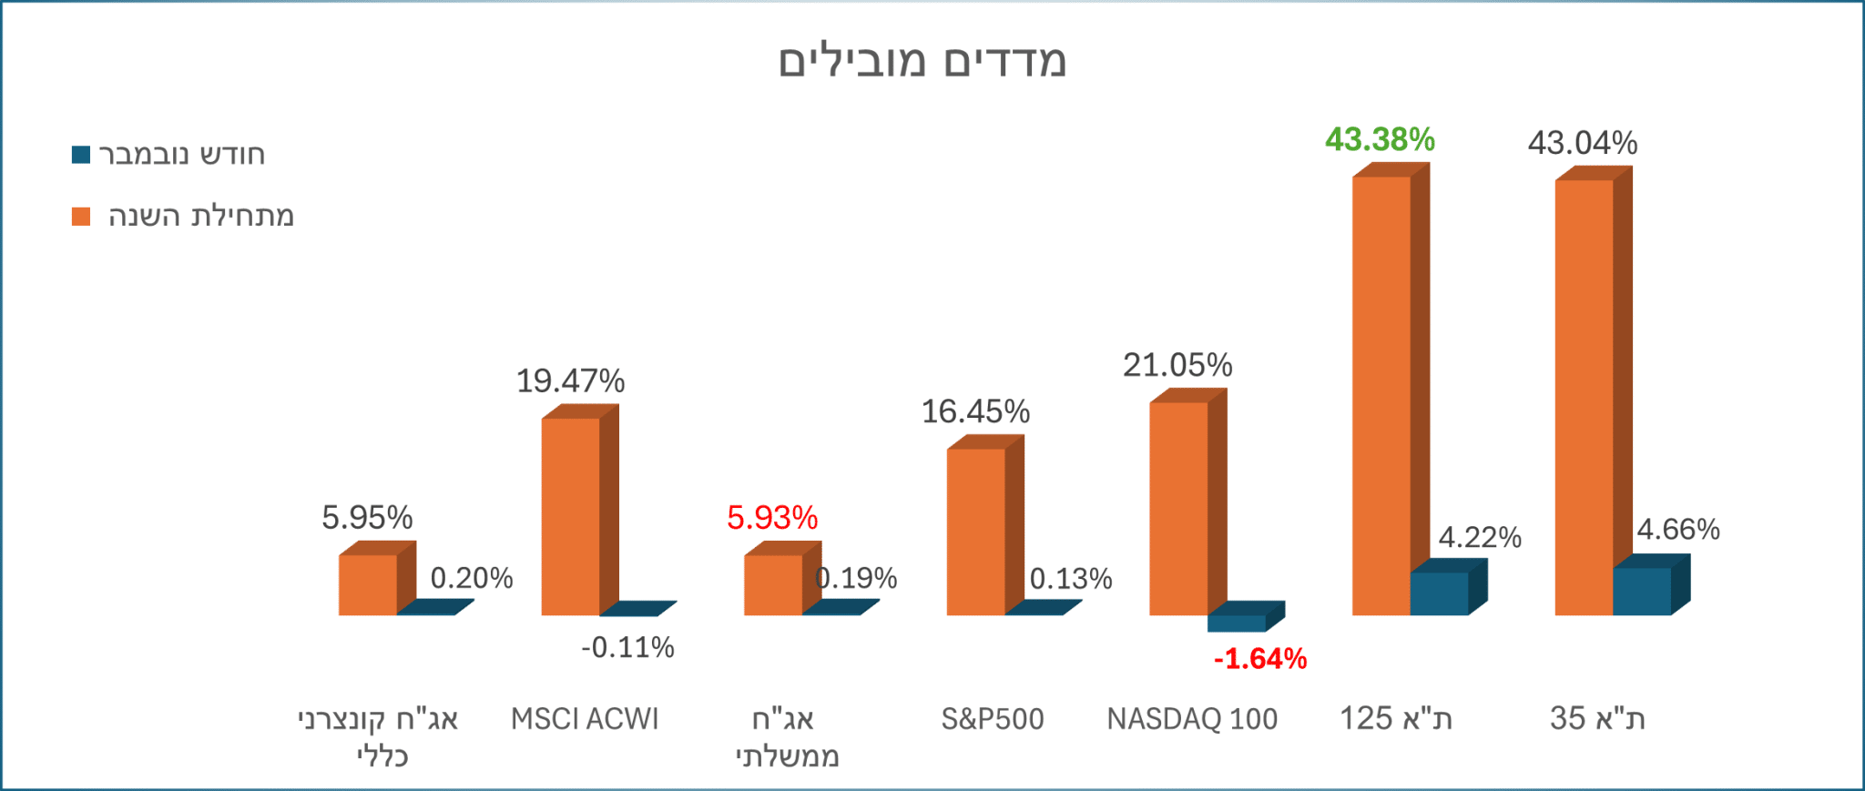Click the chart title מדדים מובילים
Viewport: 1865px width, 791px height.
pos(922,61)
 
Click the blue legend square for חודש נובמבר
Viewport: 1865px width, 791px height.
pos(81,155)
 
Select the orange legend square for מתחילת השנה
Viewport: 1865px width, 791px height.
pos(81,217)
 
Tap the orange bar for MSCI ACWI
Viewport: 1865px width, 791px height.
pos(571,516)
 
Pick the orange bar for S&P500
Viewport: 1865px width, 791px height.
pos(976,532)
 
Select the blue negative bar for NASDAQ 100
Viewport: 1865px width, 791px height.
pos(1237,624)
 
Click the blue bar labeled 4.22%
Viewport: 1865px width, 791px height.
pos(1439,593)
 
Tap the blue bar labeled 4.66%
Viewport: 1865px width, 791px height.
pos(1642,592)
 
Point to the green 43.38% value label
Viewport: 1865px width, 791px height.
pos(1380,139)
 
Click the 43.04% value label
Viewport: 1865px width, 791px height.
pos(1583,143)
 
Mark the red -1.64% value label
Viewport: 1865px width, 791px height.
pos(1260,658)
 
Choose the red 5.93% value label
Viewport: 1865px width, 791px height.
pos(772,518)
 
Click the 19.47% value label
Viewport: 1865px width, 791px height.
pos(570,380)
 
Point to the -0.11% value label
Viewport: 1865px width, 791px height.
pos(627,648)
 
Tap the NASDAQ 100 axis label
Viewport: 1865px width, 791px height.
pos(1192,719)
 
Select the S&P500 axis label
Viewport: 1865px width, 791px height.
pos(993,719)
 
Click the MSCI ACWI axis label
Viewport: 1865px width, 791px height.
pos(585,719)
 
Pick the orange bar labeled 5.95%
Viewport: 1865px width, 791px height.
pos(368,585)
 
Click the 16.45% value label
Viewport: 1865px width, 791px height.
pos(975,411)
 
